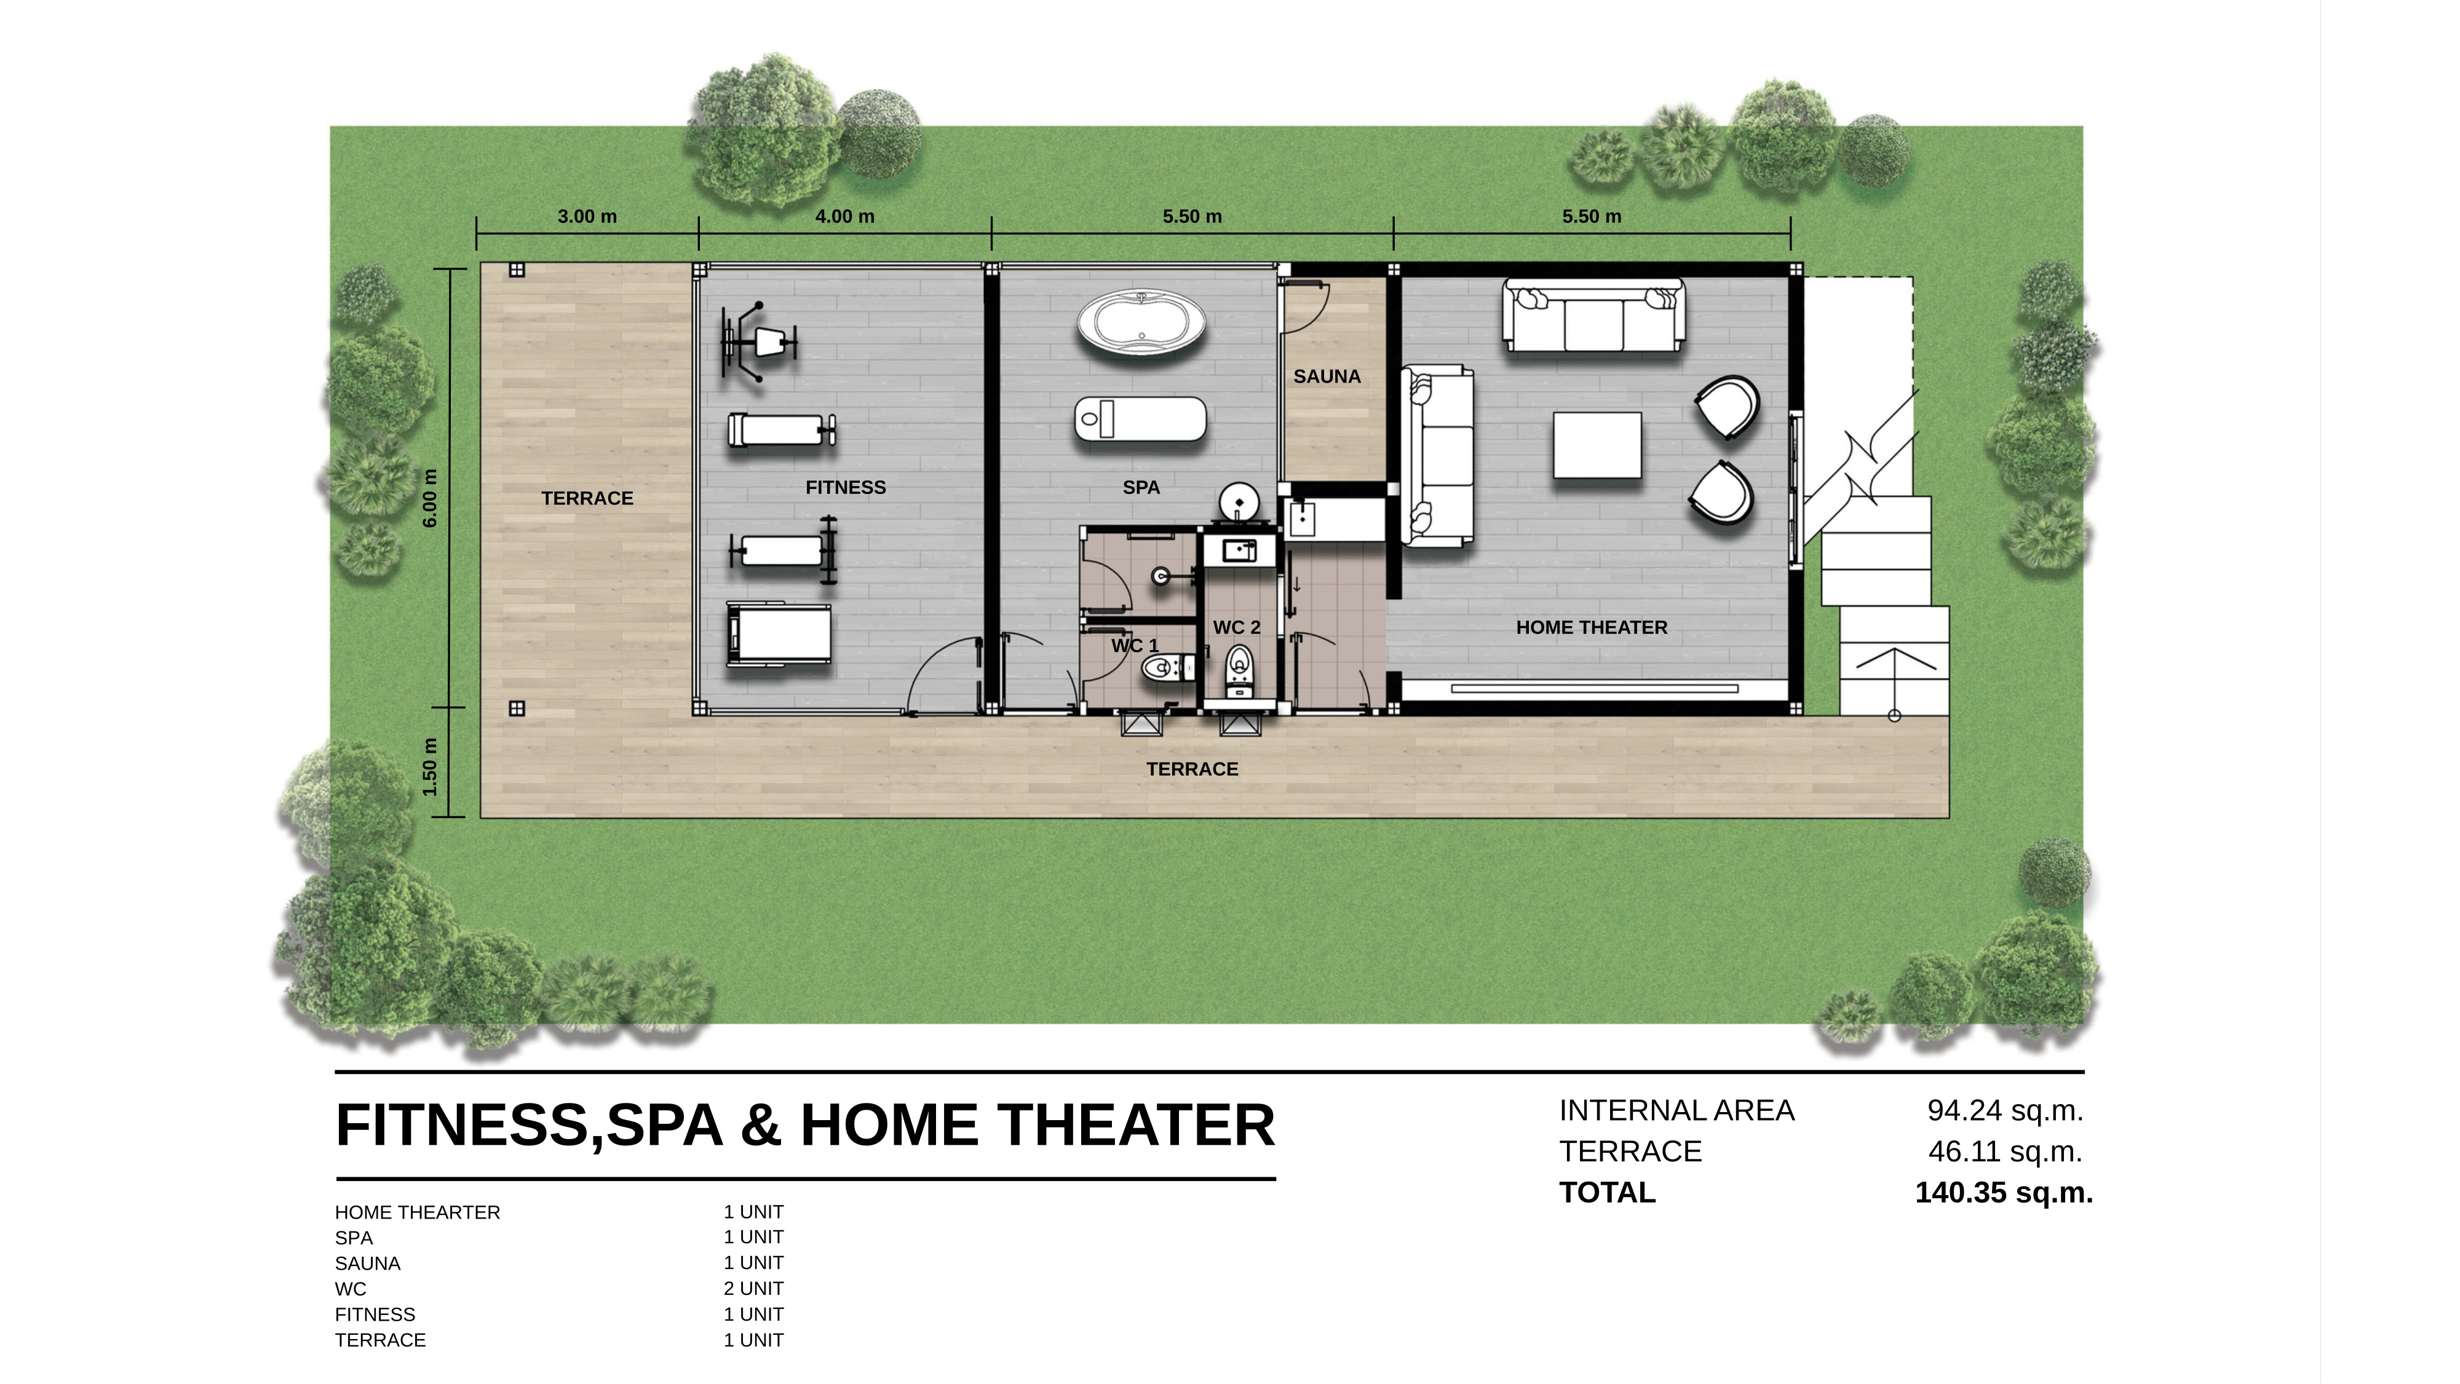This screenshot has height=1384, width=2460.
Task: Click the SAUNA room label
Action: click(1327, 376)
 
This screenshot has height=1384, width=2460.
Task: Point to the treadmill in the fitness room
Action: click(779, 634)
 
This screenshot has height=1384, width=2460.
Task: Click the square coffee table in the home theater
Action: click(1598, 445)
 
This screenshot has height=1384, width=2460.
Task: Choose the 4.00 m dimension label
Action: click(844, 217)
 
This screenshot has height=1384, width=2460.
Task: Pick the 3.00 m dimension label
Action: click(587, 217)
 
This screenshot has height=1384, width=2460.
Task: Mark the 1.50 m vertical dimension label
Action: click(430, 767)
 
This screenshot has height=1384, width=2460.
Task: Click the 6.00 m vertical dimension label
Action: click(430, 498)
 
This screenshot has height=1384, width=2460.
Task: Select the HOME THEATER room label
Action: click(1592, 627)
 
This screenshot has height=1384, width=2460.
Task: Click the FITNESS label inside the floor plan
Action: click(845, 487)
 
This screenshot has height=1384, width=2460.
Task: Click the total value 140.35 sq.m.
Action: click(2004, 1193)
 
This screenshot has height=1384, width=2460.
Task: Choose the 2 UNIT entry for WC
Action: click(753, 1289)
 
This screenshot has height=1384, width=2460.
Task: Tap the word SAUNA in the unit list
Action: click(368, 1263)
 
